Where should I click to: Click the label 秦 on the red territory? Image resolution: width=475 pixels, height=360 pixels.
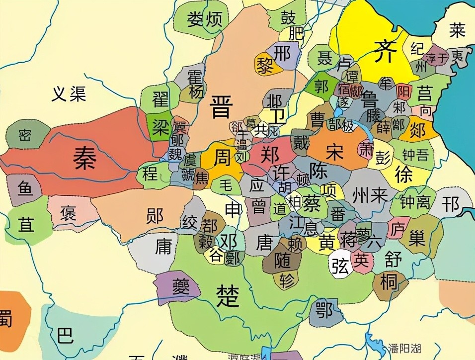click(84, 159)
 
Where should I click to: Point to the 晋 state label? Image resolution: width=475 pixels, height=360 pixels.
click(220, 107)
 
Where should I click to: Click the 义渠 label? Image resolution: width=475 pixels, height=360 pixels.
click(69, 93)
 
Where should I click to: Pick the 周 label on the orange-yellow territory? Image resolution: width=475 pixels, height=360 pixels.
click(222, 158)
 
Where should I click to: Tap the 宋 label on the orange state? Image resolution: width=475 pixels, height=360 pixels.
click(334, 152)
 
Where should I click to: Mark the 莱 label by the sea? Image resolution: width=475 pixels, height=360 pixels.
click(457, 31)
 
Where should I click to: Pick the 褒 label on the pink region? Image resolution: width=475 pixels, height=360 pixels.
click(68, 213)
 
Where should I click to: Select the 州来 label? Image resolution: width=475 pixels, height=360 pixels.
click(369, 195)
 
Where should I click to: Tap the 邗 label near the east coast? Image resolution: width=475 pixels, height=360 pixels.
click(451, 204)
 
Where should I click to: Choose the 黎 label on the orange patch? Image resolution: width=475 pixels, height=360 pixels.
click(265, 66)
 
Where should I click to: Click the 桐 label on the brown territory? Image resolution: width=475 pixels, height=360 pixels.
click(389, 281)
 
